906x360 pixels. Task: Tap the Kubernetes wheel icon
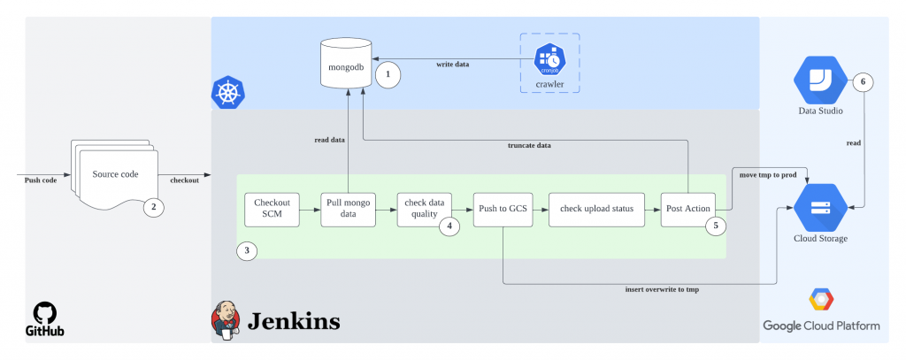[x=228, y=92]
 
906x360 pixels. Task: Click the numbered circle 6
[x=863, y=82]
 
